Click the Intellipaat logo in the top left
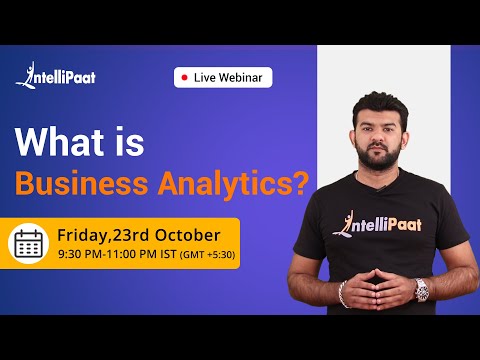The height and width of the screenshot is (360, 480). click(x=55, y=77)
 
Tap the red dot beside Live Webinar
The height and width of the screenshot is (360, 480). click(x=183, y=77)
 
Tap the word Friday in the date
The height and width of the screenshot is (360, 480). click(x=83, y=235)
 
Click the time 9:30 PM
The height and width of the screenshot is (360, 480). click(x=77, y=254)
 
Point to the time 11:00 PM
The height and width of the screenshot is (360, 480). click(x=136, y=254)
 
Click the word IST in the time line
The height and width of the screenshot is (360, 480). click(x=174, y=254)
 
